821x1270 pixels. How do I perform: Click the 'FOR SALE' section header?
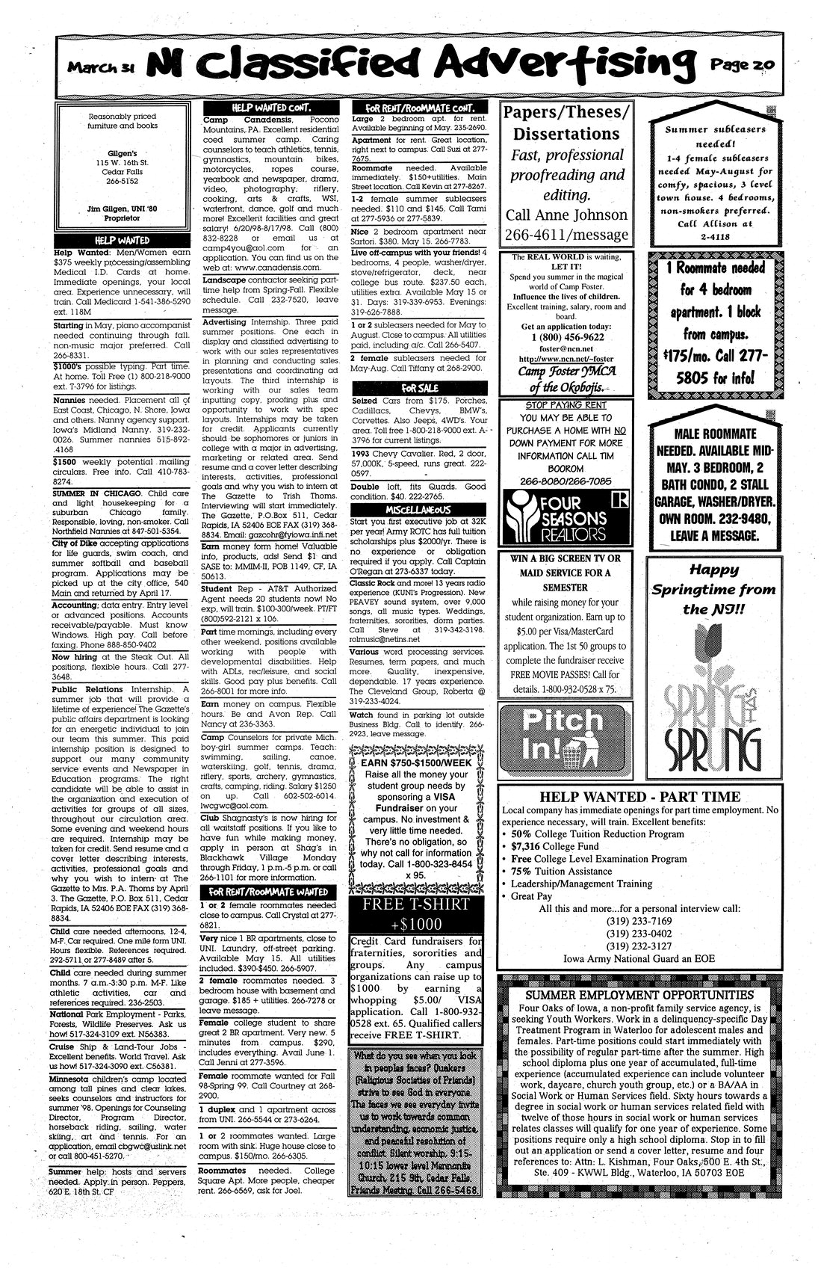point(419,388)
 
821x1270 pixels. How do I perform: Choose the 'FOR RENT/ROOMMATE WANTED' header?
point(269,891)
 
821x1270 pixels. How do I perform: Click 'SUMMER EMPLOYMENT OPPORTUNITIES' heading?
point(639,995)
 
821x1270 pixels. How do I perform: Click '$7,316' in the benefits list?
point(530,845)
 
